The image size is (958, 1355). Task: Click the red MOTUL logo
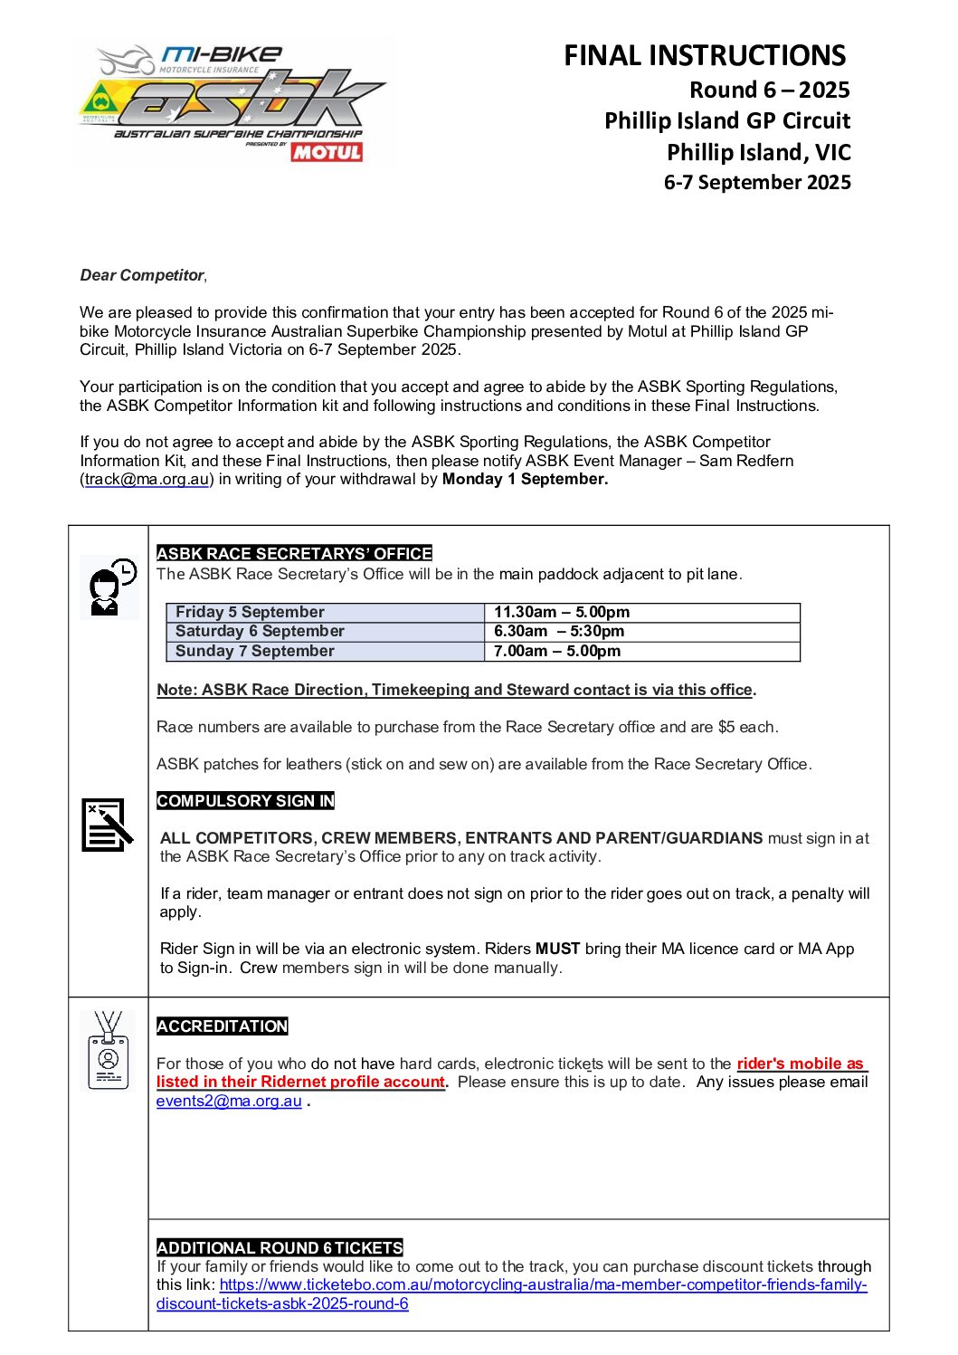click(327, 152)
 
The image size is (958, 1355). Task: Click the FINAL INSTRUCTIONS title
click(705, 56)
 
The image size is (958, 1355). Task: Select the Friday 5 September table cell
click(250, 613)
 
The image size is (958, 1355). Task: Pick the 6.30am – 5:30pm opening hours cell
click(559, 632)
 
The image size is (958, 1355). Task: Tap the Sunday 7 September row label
click(254, 652)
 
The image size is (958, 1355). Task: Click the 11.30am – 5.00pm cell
click(562, 613)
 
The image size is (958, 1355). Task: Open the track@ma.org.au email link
click(147, 480)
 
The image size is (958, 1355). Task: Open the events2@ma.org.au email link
click(229, 1102)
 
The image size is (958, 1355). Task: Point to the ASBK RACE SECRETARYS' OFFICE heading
click(294, 554)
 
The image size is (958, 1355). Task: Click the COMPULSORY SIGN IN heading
click(245, 801)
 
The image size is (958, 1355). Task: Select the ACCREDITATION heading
click(222, 1026)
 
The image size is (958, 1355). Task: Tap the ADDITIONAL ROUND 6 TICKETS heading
click(280, 1248)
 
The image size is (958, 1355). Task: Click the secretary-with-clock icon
click(109, 587)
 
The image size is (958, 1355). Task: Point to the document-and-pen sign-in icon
click(107, 825)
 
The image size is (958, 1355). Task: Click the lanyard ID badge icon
click(108, 1051)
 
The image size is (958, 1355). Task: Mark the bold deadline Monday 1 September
click(525, 480)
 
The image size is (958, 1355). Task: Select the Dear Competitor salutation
click(143, 275)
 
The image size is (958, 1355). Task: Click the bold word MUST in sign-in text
click(557, 949)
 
